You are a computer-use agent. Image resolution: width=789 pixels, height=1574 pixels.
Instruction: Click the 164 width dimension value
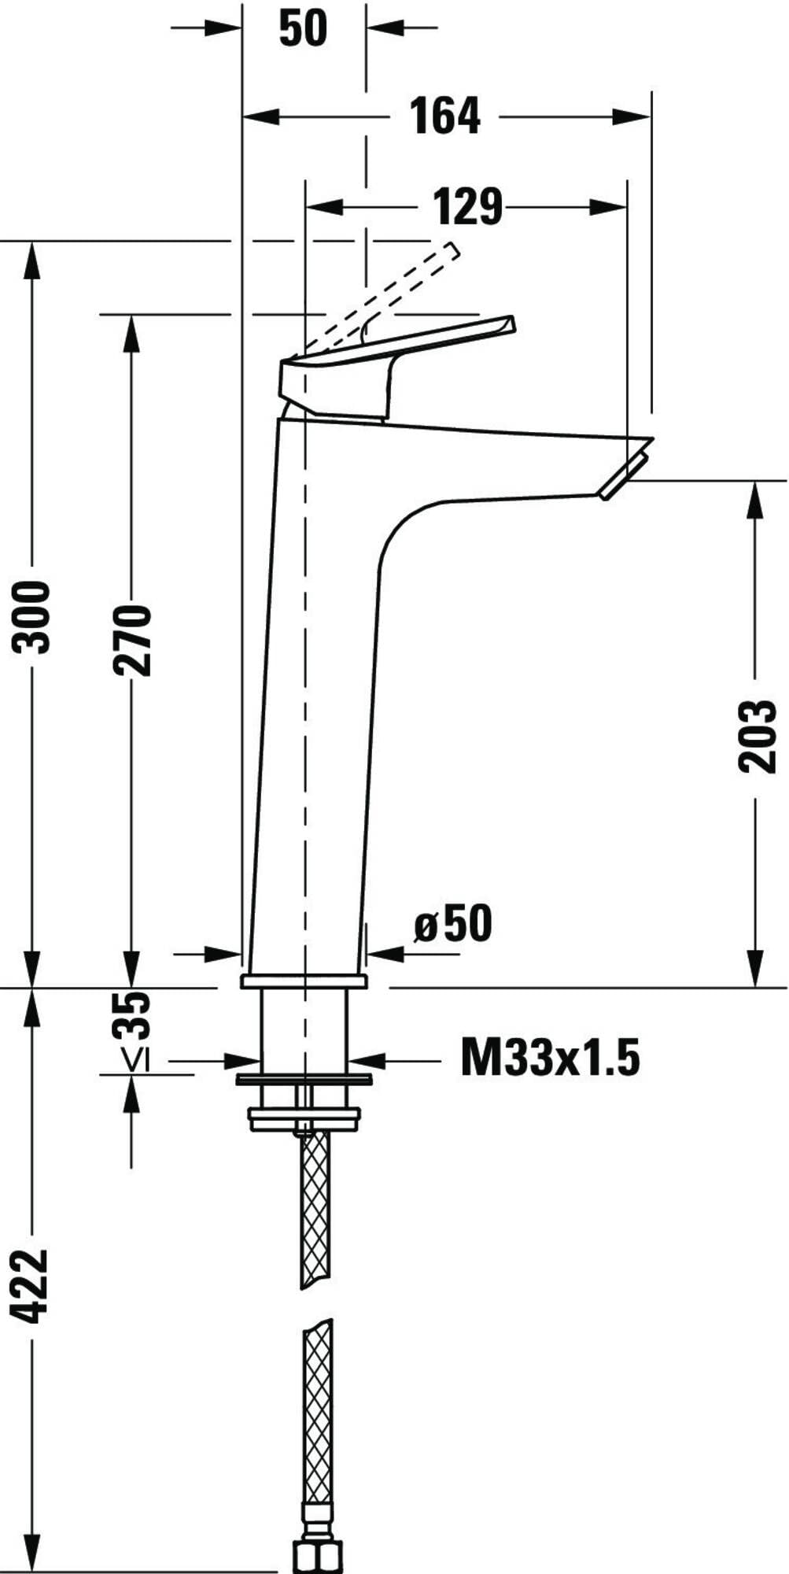pos(445,116)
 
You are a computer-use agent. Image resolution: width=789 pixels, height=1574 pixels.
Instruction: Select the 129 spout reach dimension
pos(467,207)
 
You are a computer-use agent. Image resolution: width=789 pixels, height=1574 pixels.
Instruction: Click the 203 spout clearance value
pos(756,736)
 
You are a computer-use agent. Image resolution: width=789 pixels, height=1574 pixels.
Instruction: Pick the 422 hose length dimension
pos(33,1285)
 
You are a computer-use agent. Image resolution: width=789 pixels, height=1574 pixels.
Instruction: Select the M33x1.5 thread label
pos(550,1057)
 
